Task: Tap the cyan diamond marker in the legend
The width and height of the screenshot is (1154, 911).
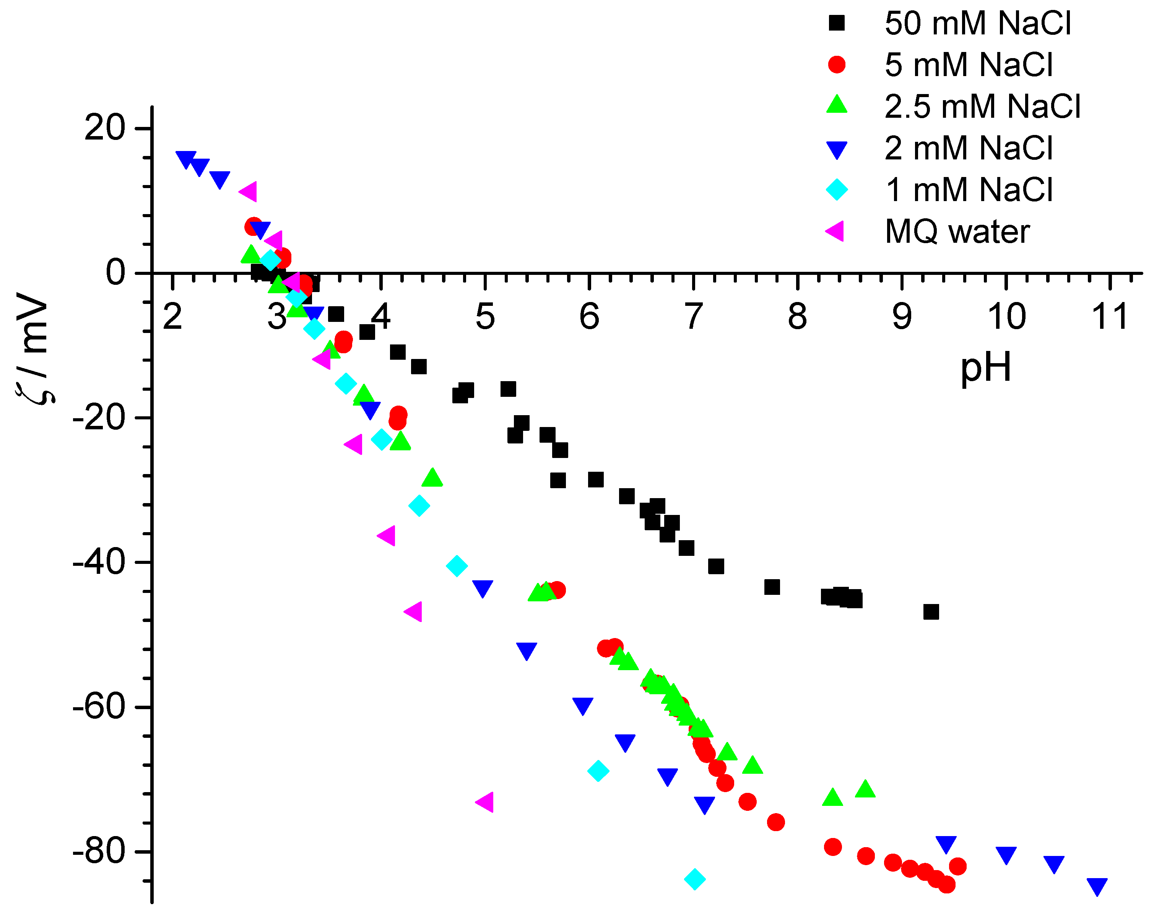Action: tap(837, 190)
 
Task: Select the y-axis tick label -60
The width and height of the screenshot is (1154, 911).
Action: tap(98, 707)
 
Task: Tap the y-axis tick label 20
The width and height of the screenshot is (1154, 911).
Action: tap(104, 128)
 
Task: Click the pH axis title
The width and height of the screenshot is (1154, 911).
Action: tap(986, 368)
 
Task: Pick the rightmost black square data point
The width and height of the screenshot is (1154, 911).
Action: tap(931, 612)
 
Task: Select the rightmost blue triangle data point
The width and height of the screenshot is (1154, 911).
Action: tap(1097, 887)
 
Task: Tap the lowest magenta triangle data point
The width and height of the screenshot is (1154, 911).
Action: tap(484, 802)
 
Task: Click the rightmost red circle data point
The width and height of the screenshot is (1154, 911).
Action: tap(958, 867)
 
